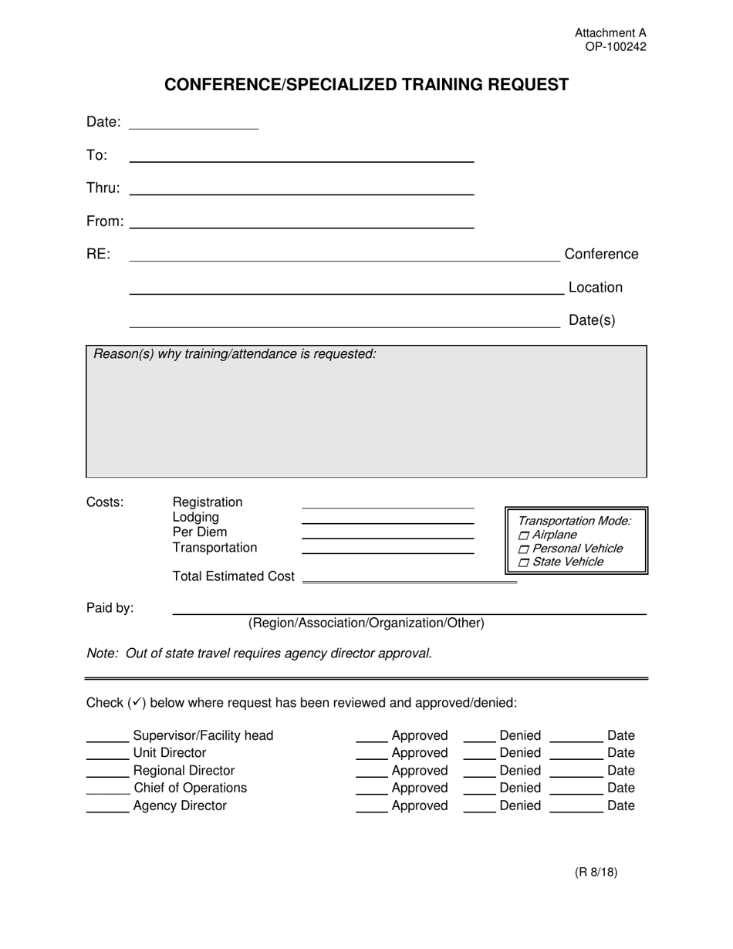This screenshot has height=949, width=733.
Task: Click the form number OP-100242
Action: click(x=615, y=47)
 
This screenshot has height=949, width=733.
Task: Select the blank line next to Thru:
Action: click(x=301, y=191)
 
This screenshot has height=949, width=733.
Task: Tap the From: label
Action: click(x=104, y=221)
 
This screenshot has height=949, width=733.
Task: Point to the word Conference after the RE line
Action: click(x=601, y=255)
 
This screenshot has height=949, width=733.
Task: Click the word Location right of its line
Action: click(x=595, y=288)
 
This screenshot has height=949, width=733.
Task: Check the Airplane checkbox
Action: click(x=525, y=535)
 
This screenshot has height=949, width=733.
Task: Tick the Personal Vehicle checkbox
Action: click(x=525, y=549)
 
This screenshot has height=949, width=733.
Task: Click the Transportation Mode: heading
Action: click(x=575, y=521)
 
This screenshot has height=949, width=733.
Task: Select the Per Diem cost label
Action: click(x=200, y=532)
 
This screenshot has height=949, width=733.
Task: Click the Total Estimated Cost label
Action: click(x=233, y=576)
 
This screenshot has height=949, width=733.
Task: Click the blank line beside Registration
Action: click(x=387, y=505)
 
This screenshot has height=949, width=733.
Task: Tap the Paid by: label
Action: click(x=110, y=608)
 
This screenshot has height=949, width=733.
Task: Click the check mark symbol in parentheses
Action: click(x=136, y=702)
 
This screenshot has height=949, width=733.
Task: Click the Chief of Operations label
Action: click(x=190, y=788)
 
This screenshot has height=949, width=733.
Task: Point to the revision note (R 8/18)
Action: click(x=596, y=873)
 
